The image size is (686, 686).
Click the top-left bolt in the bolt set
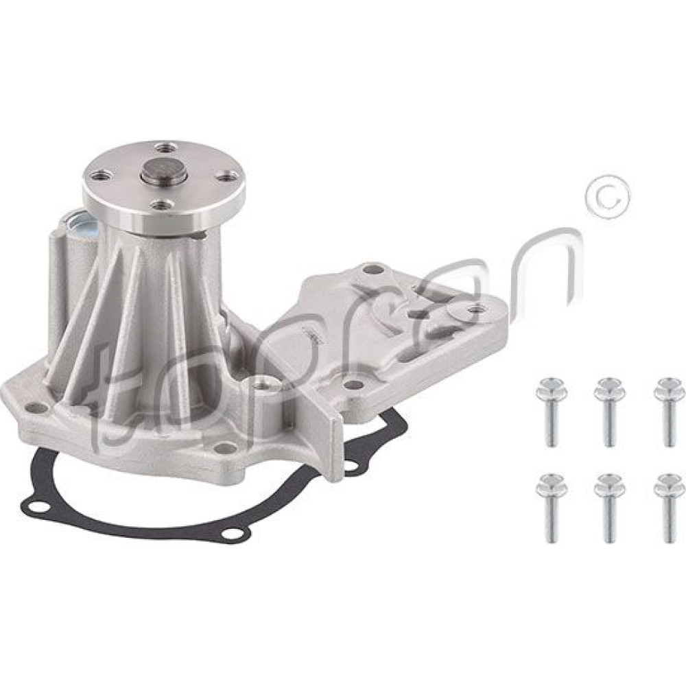coord(547,409)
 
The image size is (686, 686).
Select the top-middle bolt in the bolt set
coord(607,409)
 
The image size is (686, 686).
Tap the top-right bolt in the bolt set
coord(667,409)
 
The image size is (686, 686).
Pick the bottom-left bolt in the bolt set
coord(547,507)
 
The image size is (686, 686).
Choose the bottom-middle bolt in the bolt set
coord(607,507)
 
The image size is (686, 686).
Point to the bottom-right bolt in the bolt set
coord(667,507)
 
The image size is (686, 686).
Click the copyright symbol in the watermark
coord(609,198)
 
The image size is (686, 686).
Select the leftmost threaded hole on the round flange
coord(97,176)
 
